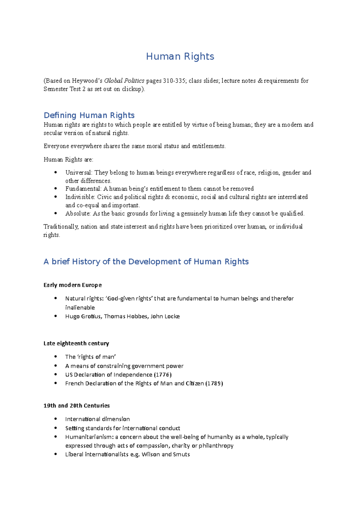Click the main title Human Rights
[180, 56]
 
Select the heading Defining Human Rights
[89, 115]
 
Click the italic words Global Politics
[124, 81]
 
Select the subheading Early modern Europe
[73, 285]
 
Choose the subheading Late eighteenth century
[76, 343]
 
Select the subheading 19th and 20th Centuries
[76, 406]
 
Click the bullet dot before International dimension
[55, 419]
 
